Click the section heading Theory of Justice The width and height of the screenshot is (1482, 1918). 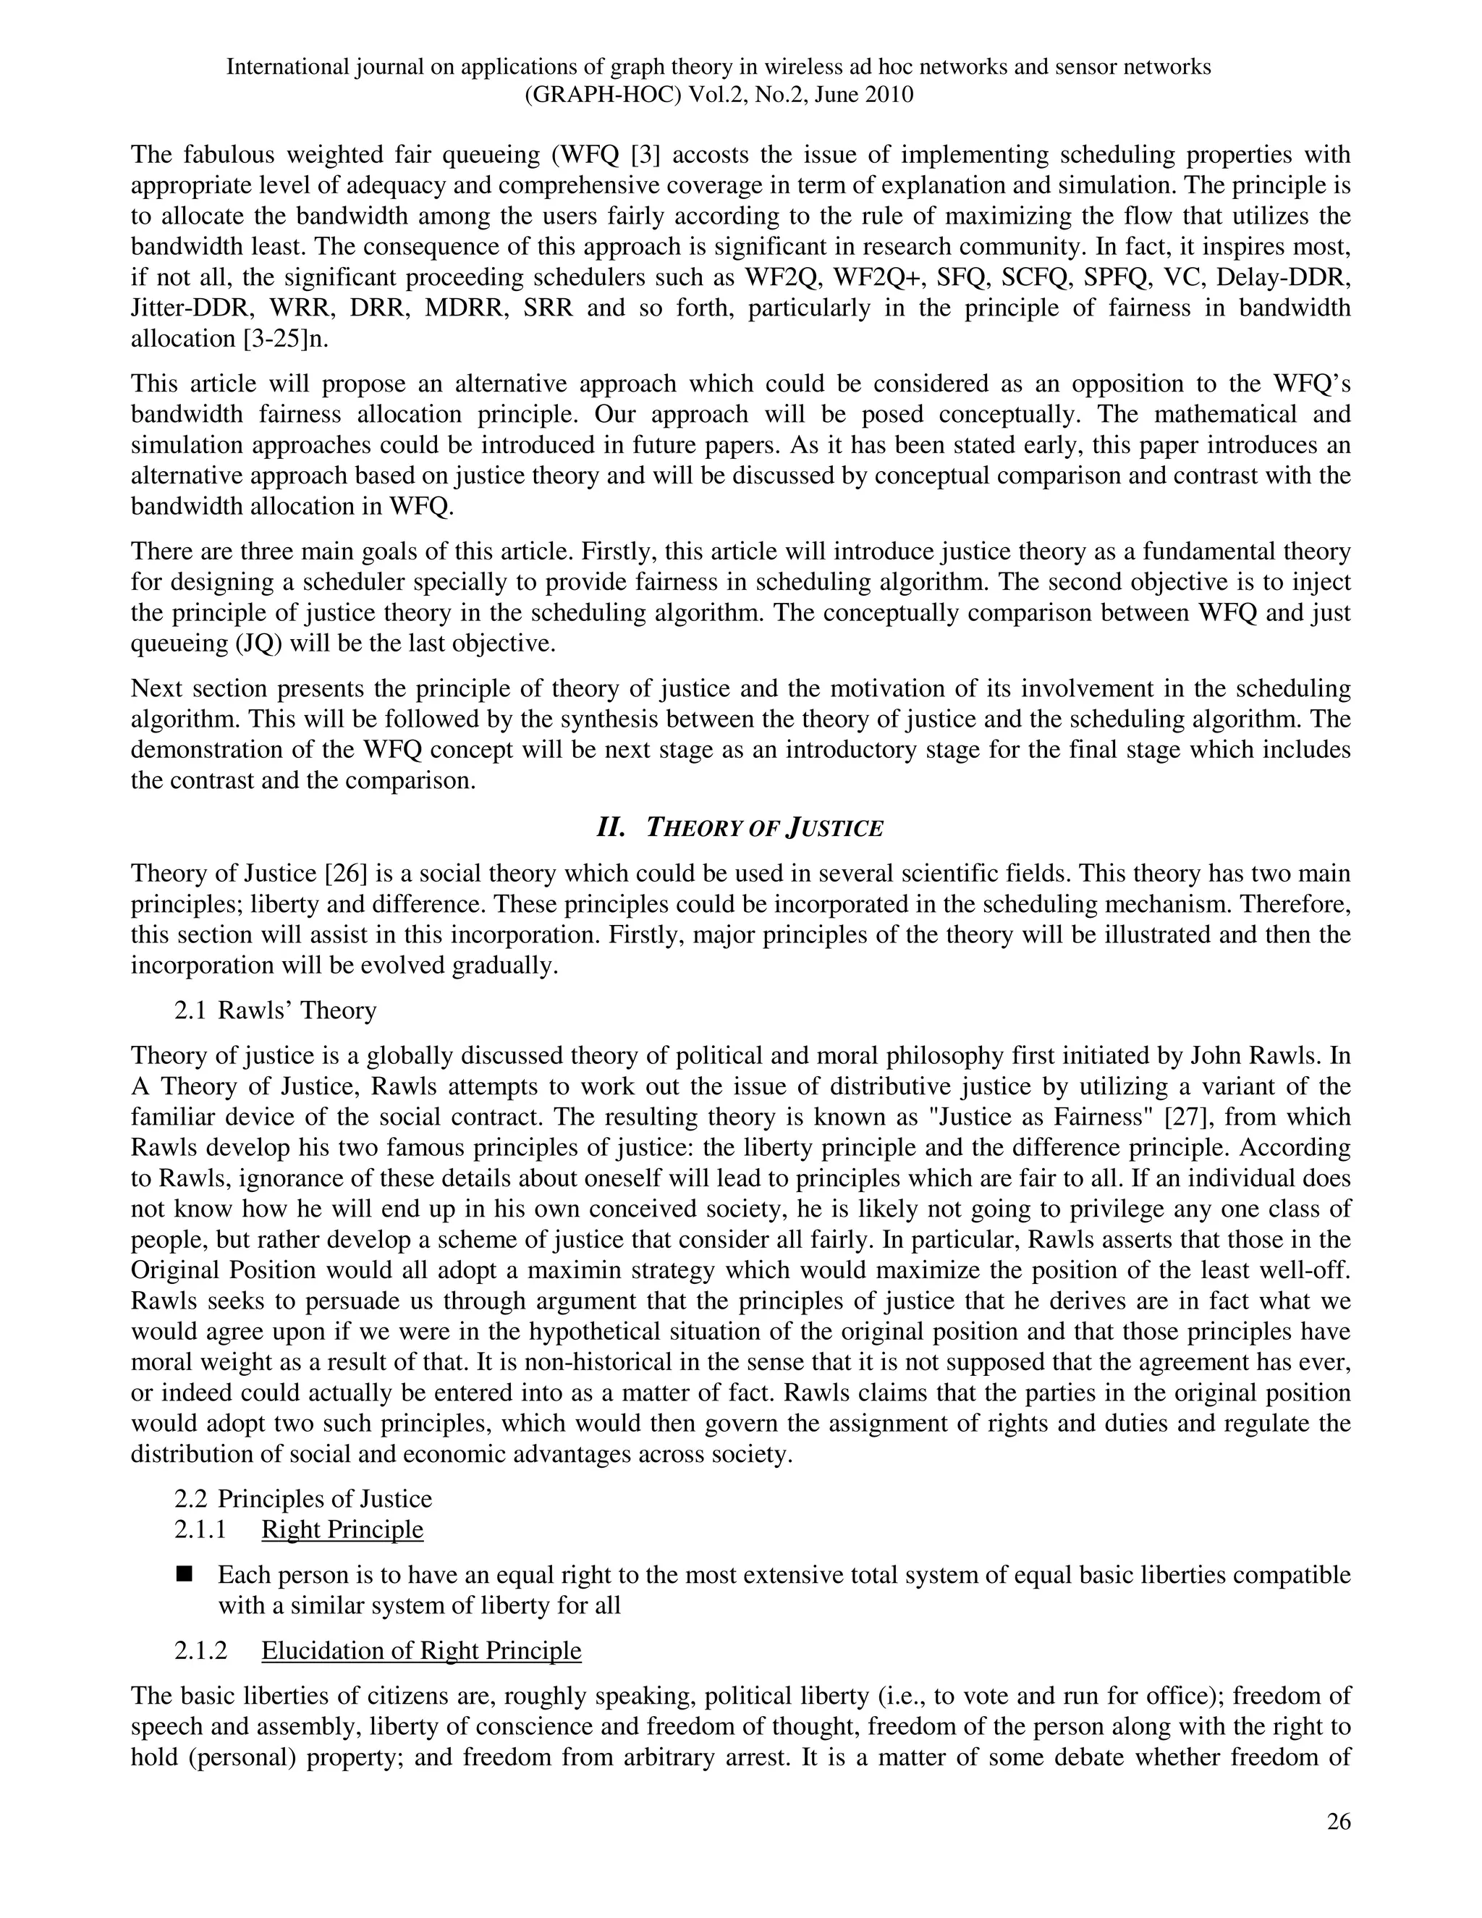[764, 828]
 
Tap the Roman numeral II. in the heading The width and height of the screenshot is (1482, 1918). [611, 828]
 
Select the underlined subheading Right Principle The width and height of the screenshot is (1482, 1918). [342, 1530]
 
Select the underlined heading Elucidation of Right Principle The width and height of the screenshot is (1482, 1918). [421, 1650]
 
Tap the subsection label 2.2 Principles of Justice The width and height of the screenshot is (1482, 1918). [303, 1499]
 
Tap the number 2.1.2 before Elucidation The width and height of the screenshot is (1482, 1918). [200, 1650]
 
